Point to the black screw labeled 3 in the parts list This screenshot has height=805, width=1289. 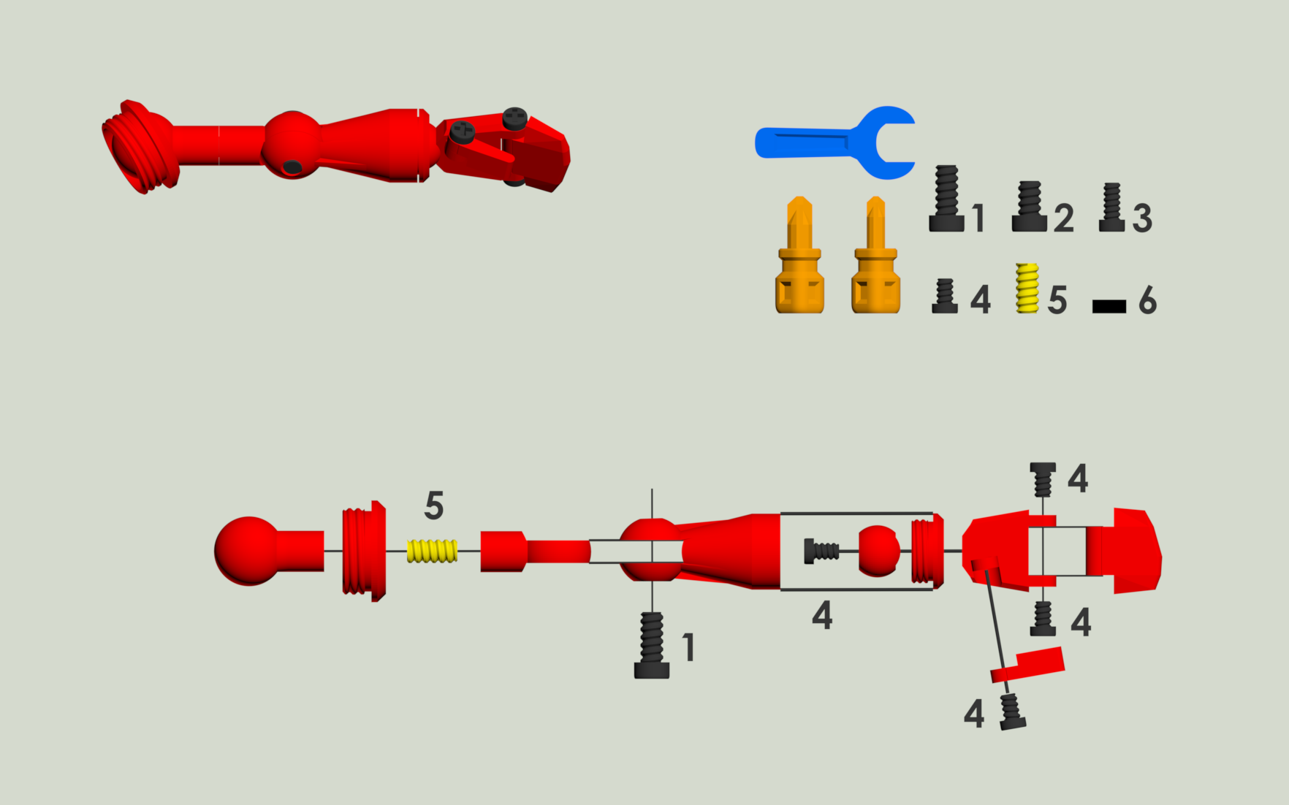pos(1112,207)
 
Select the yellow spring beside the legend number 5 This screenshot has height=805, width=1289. pos(1027,288)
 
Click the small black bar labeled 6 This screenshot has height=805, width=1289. pos(1109,307)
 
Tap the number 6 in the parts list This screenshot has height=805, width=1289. pos(1147,300)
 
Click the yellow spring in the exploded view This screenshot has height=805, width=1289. pos(432,551)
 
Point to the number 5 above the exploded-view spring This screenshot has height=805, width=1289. pos(434,505)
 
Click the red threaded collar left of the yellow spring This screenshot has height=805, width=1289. pos(364,551)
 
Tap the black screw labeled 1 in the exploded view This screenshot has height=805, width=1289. pos(652,646)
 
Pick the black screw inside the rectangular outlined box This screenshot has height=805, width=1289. pos(821,551)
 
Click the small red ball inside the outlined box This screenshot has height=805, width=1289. pos(878,551)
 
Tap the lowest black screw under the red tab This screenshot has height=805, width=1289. pos(1012,711)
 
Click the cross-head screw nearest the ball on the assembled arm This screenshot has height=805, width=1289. pos(462,132)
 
